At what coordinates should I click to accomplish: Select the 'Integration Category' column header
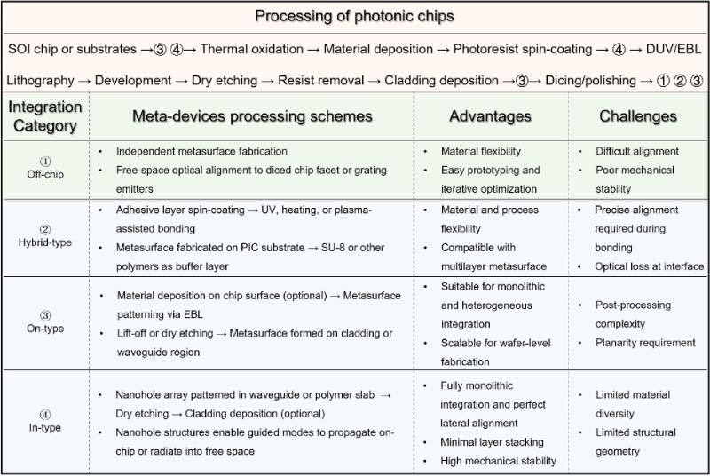point(45,115)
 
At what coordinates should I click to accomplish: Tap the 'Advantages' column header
point(490,116)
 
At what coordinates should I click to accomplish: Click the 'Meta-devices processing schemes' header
point(252,116)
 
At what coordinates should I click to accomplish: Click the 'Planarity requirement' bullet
point(645,343)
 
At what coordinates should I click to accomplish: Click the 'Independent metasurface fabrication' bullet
point(201,152)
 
